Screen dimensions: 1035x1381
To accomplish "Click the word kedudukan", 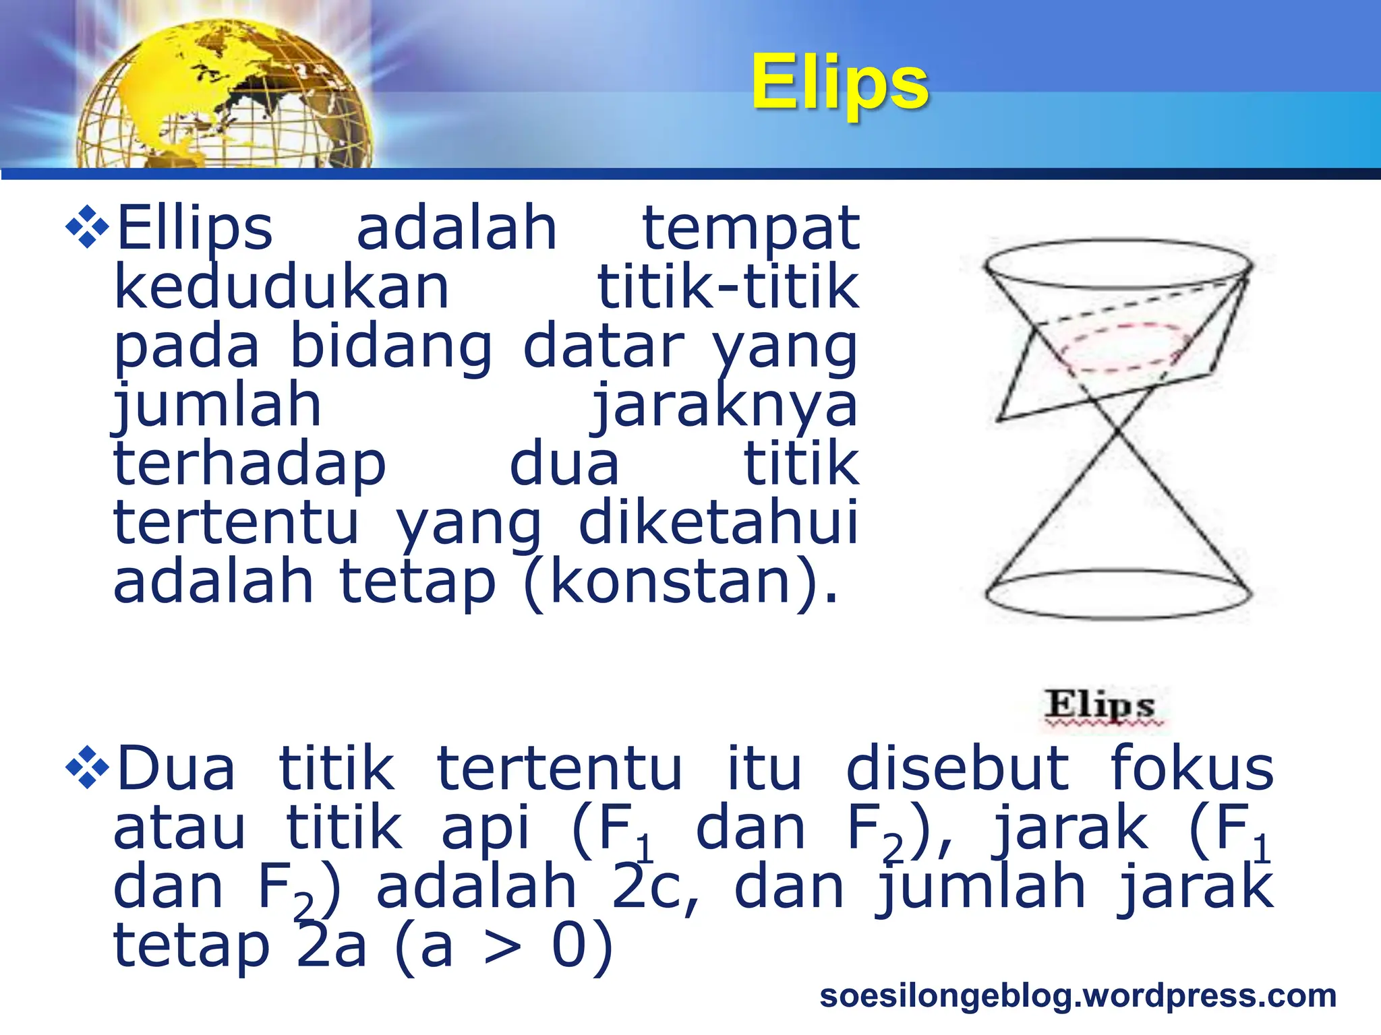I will tap(281, 287).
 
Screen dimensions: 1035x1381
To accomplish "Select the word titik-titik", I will tap(728, 287).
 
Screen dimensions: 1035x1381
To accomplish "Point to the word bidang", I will tap(391, 346).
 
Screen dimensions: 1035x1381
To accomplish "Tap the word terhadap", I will tap(249, 465).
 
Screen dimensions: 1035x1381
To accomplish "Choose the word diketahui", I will tap(719, 523).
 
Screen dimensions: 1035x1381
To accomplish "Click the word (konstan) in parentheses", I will tap(681, 582).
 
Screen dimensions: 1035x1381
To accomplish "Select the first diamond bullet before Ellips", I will tap(87, 227).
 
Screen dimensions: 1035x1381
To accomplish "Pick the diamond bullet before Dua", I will tap(87, 767).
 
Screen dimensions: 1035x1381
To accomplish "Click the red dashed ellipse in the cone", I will tap(1122, 347).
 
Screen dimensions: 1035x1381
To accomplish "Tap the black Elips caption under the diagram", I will tap(1100, 705).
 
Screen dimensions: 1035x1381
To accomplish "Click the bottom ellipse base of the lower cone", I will tap(1118, 594).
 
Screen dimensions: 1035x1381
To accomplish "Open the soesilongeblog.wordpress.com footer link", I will tap(1078, 996).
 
